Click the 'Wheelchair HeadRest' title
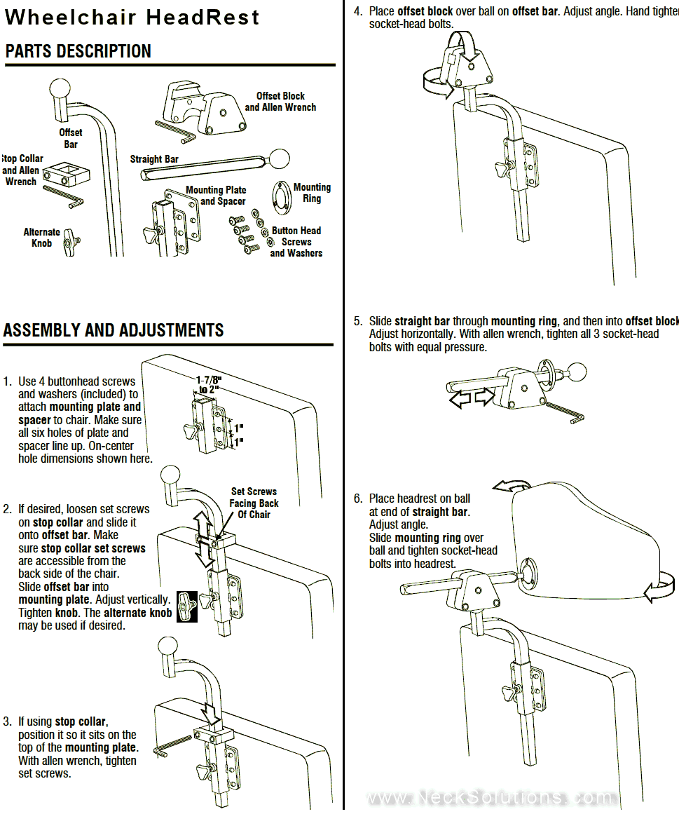click(x=132, y=17)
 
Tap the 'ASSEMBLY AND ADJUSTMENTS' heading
click(x=114, y=330)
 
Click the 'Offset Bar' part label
click(x=70, y=138)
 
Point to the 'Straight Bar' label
click(x=154, y=159)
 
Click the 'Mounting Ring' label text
click(x=312, y=193)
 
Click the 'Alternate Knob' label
click(x=42, y=238)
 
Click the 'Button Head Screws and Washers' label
click(x=296, y=242)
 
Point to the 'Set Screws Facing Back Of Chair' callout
click(x=254, y=503)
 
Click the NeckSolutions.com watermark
click(x=491, y=798)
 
